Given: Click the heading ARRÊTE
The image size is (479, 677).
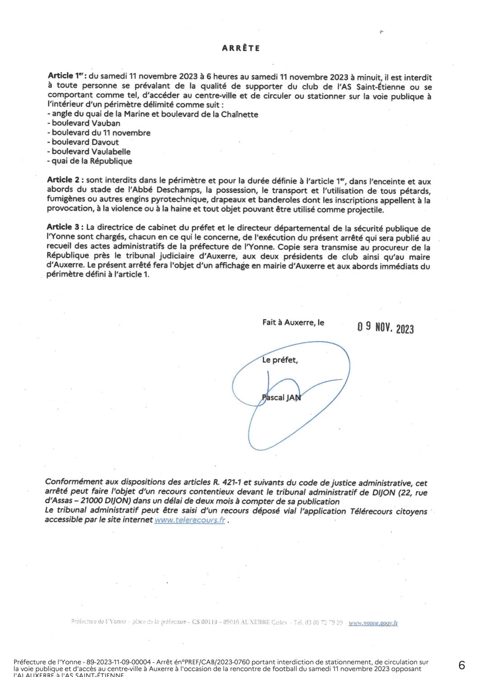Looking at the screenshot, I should tap(241, 48).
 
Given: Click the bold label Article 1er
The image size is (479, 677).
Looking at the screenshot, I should tap(67, 76).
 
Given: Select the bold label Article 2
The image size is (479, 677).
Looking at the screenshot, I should tap(65, 180).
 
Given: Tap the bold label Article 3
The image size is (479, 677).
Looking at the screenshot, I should tap(65, 227).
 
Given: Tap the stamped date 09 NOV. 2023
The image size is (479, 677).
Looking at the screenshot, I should tap(385, 327).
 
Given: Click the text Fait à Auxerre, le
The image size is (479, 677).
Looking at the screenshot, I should tap(293, 322).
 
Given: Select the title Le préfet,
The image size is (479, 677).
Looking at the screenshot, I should tap(280, 360).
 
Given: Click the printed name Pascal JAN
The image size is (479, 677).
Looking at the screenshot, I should tap(281, 398).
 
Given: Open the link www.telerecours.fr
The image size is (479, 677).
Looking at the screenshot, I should tap(190, 520).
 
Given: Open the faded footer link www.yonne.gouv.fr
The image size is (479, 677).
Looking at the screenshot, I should tap(373, 623).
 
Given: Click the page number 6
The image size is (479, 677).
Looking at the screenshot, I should tap(461, 665).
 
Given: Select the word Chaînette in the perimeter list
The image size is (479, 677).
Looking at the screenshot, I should tap(239, 114).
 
